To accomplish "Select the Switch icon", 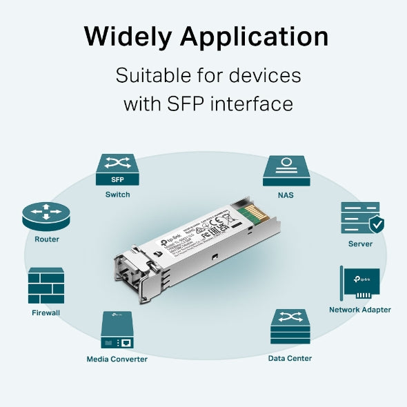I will [117, 170].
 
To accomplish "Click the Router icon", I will [46, 216].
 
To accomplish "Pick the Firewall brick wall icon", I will [46, 286].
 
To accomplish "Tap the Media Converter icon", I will [117, 330].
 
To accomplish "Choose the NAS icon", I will [286, 170].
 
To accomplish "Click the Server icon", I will [360, 218].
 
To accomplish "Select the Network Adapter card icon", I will [359, 284].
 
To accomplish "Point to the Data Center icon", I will [290, 327].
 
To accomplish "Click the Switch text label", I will [117, 195].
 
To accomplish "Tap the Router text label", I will [47, 239].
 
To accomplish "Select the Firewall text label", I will [46, 312].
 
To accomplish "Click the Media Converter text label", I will [117, 359].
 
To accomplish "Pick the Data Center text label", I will [290, 358].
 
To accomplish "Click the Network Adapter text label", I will [359, 310].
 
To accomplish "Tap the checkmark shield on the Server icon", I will [376, 225].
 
